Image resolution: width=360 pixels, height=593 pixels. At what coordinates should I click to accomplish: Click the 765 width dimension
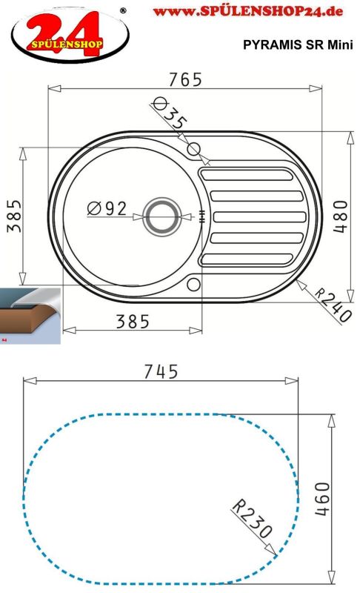click(x=185, y=79)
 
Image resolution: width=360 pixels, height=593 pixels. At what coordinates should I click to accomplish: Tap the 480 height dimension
click(x=339, y=216)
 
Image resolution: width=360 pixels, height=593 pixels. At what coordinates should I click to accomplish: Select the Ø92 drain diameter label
click(x=107, y=208)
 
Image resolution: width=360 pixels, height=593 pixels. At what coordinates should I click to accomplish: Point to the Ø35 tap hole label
click(x=169, y=113)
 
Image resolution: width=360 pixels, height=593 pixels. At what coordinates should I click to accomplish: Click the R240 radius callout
click(x=333, y=305)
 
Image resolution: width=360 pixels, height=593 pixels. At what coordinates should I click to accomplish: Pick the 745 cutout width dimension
click(x=161, y=371)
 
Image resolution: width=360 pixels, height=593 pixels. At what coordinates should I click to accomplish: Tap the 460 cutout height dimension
click(x=322, y=499)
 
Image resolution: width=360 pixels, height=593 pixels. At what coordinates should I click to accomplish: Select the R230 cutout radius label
click(x=252, y=518)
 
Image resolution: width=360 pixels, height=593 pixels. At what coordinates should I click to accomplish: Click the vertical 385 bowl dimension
click(x=14, y=216)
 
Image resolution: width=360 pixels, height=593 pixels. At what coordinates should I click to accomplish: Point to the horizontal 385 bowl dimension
click(x=133, y=322)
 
